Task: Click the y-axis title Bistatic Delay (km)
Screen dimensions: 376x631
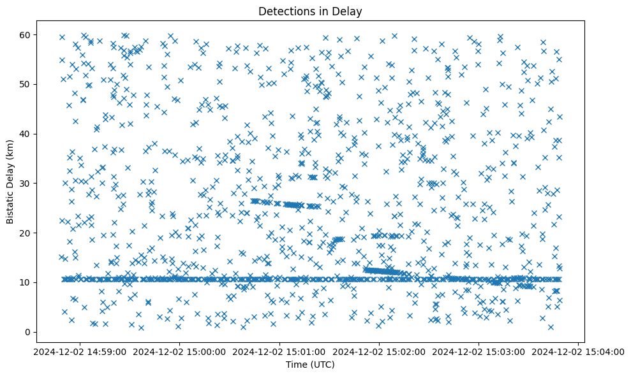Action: pyautogui.click(x=11, y=180)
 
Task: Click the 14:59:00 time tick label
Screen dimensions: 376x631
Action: pyautogui.click(x=80, y=351)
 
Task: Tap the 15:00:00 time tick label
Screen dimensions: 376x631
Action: pyautogui.click(x=180, y=351)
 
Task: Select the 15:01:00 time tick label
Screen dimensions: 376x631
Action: pyautogui.click(x=279, y=351)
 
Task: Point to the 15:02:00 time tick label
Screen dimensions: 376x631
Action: pyautogui.click(x=379, y=351)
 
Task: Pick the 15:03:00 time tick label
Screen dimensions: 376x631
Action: pyautogui.click(x=479, y=351)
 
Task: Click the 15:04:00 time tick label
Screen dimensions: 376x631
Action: pyautogui.click(x=579, y=351)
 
